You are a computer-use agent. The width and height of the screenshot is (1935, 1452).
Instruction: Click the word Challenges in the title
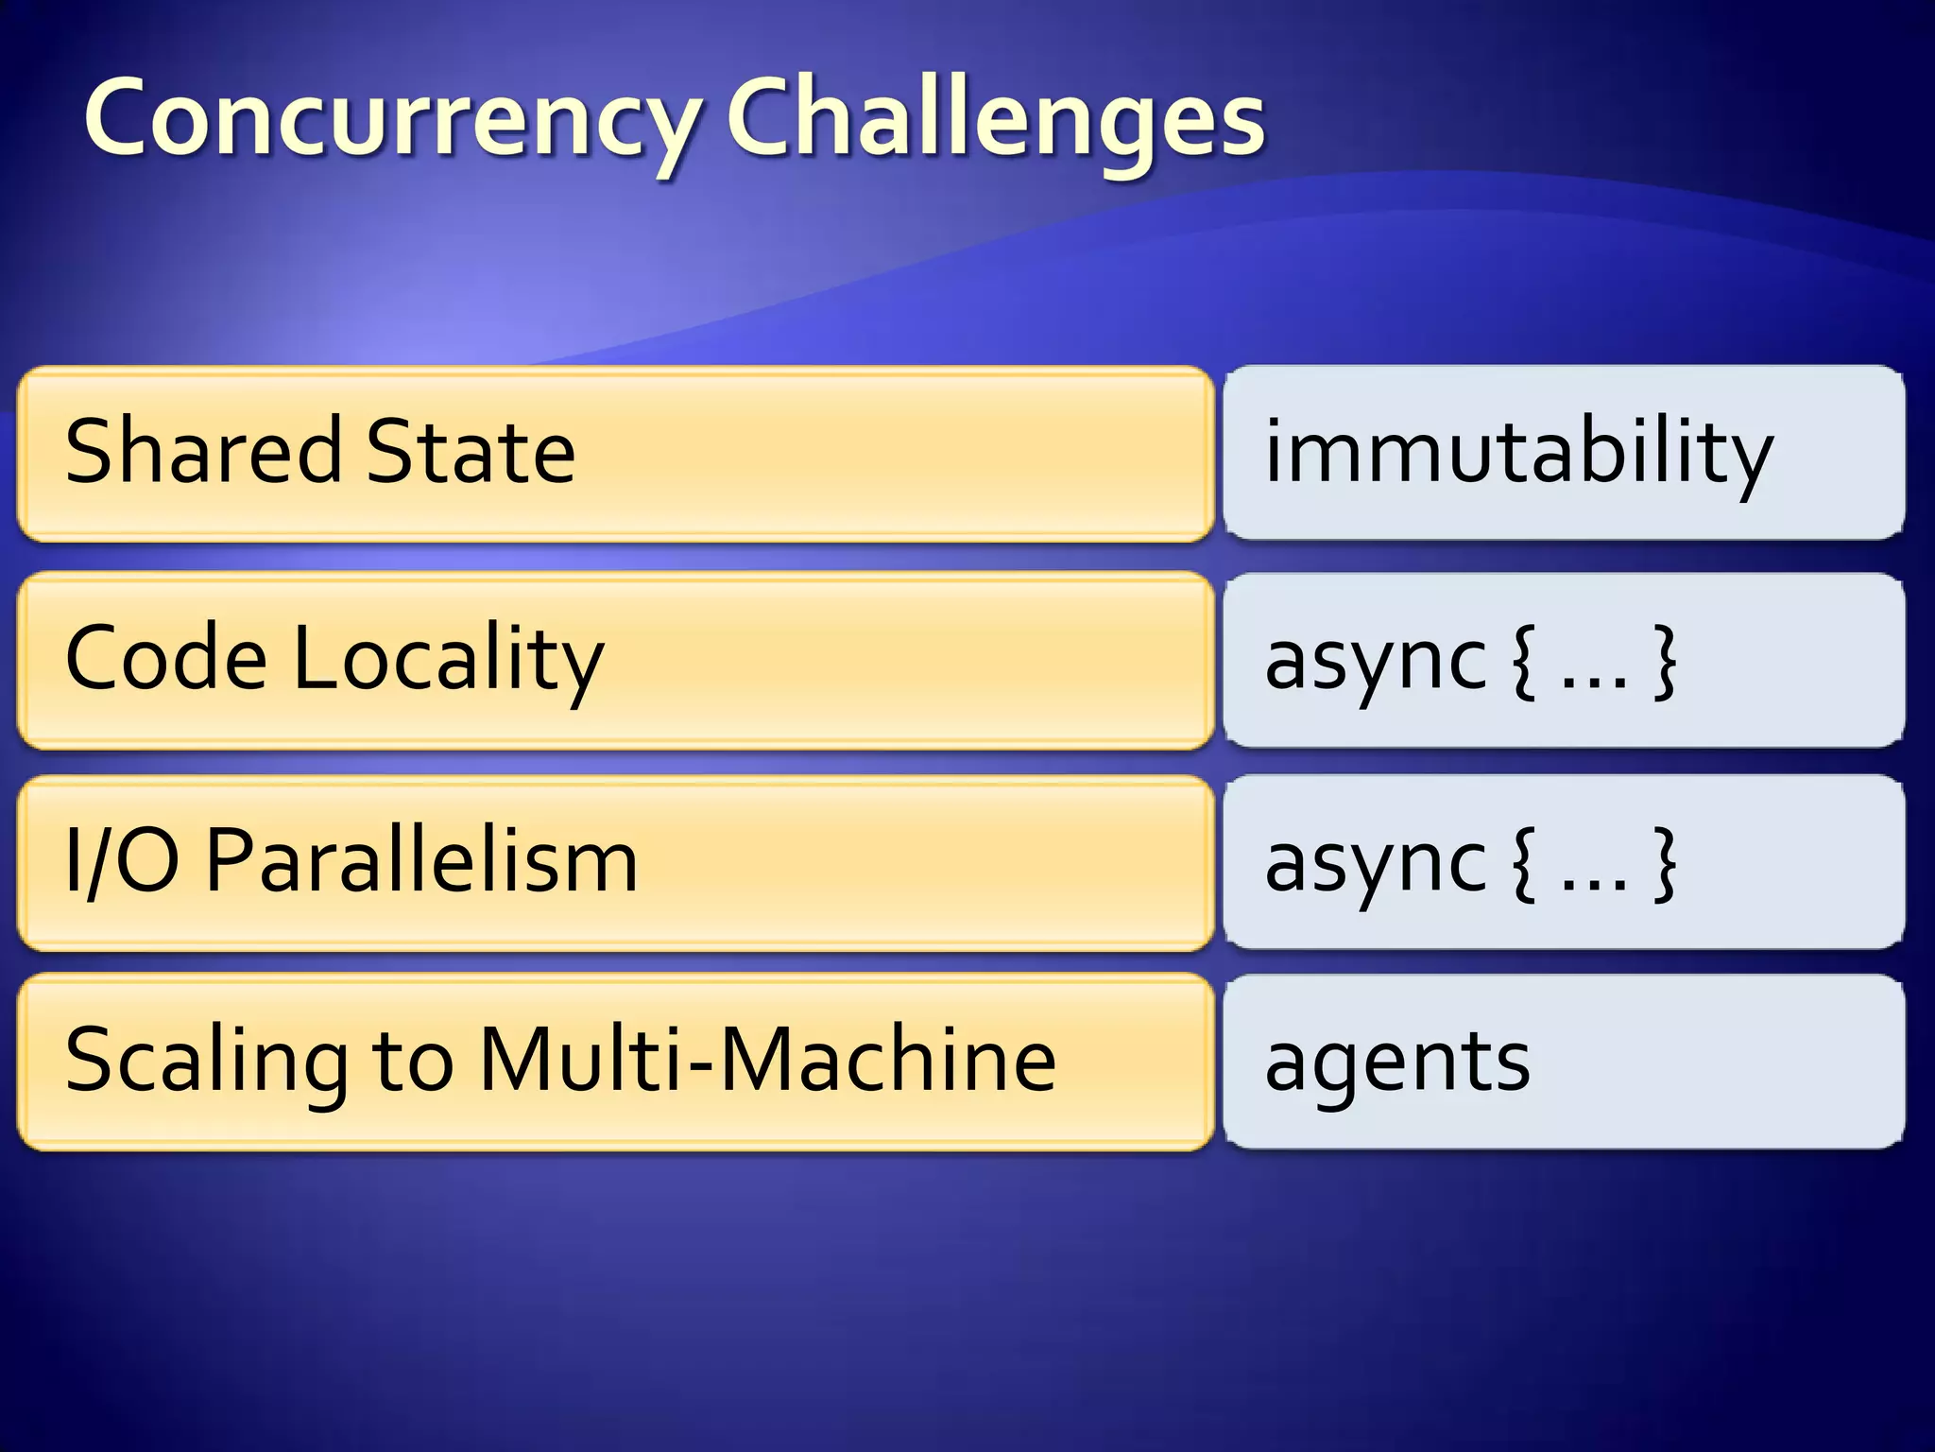coord(996,120)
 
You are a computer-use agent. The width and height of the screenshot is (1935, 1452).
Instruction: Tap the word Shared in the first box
coord(202,452)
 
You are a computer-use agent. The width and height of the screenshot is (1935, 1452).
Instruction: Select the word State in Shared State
coord(471,452)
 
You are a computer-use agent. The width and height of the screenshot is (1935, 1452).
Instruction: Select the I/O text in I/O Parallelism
coord(122,860)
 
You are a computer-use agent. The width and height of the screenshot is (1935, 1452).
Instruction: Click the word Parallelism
coord(421,860)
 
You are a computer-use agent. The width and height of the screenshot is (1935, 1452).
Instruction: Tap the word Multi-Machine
coord(767,1061)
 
